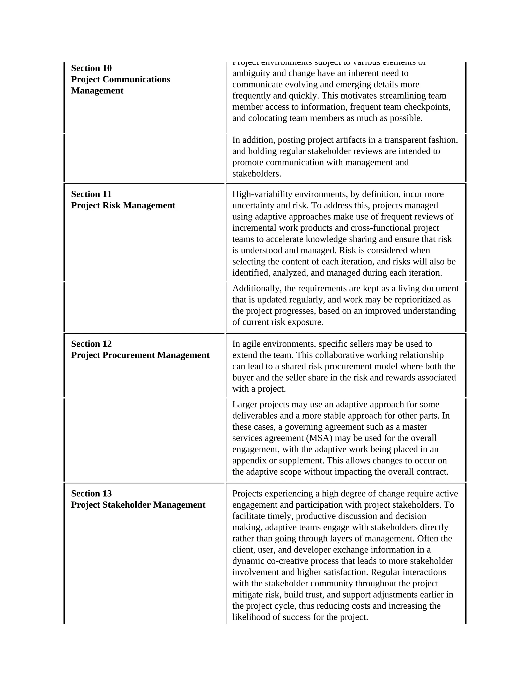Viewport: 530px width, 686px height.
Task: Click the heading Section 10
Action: coord(91,68)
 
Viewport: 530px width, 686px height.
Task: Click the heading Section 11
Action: coord(91,194)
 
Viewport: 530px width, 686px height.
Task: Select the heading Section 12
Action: coord(91,344)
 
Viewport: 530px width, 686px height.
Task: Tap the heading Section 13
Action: coord(91,494)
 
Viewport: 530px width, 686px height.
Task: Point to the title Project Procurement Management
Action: coord(140,355)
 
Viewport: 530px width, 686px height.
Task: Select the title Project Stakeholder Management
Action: coord(138,505)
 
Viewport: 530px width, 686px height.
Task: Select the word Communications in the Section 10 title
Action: coord(136,79)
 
